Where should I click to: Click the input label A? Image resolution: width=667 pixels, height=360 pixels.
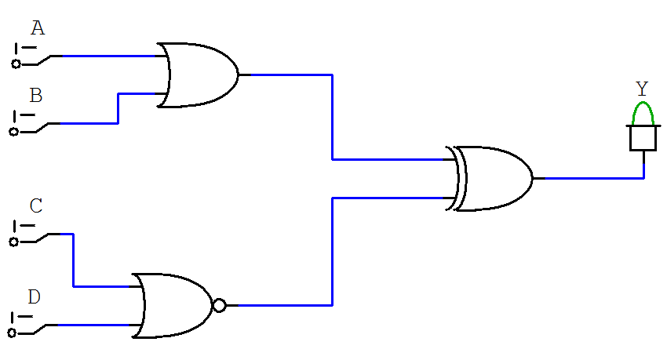pos(38,29)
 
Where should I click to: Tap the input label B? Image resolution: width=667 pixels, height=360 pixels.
pos(36,96)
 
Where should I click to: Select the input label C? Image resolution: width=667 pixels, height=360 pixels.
pos(36,206)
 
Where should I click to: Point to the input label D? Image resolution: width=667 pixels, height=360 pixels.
pos(35,297)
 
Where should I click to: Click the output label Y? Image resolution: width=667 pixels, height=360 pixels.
pos(642,89)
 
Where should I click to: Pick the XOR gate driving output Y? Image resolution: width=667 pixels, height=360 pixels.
pos(494,178)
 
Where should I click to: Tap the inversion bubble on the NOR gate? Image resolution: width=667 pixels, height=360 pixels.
pos(219,306)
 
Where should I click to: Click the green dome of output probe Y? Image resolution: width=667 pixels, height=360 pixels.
pos(643,113)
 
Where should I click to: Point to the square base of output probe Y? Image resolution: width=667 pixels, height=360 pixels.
pos(643,138)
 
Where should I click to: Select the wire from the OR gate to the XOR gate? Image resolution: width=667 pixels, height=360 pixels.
pos(333,118)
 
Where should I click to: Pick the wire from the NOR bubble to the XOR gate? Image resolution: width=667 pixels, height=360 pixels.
pos(333,251)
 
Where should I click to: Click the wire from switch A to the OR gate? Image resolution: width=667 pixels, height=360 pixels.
pos(110,56)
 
